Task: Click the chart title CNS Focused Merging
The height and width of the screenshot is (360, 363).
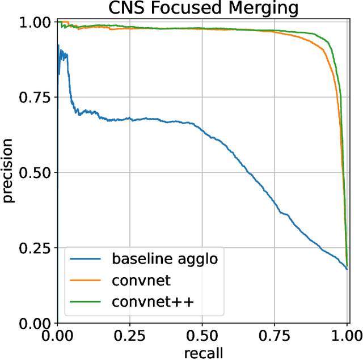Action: [202, 8]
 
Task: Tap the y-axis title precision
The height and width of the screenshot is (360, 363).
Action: [9, 172]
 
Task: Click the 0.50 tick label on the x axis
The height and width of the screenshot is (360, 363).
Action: [202, 336]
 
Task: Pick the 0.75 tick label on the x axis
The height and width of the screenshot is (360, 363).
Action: [275, 336]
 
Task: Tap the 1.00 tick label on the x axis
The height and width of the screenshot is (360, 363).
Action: [347, 336]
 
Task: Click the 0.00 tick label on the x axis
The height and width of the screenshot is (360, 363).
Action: [57, 336]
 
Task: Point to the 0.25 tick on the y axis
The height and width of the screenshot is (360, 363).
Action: [35, 248]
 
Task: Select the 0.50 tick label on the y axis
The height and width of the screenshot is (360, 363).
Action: [35, 173]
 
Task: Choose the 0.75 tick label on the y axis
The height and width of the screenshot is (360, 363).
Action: [35, 98]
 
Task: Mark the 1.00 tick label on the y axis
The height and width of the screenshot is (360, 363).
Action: [35, 22]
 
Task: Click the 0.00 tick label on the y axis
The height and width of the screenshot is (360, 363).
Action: [35, 324]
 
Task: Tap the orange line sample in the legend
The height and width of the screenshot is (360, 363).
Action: [88, 281]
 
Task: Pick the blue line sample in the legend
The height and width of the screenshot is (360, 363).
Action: [88, 260]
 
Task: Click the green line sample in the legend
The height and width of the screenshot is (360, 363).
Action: [88, 302]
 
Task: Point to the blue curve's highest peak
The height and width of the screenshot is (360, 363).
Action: [58, 45]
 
